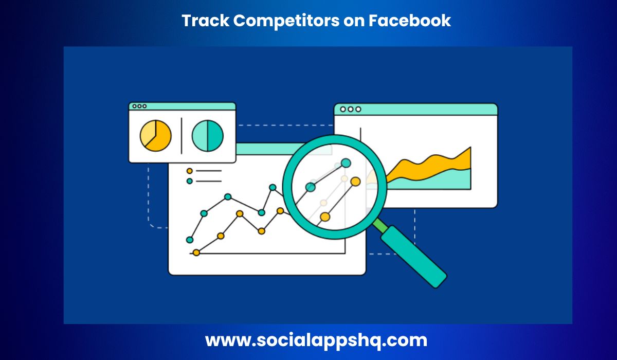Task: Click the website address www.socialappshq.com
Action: coord(316,340)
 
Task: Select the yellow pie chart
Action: coord(155,136)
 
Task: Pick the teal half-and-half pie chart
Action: coord(208,136)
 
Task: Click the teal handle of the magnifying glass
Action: coord(414,257)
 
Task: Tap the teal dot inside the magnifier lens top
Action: coord(346,164)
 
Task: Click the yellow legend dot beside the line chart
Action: coord(190,171)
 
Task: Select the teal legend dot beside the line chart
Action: coord(190,181)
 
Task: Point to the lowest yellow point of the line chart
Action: coord(196,253)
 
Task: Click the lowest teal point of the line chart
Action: coord(190,240)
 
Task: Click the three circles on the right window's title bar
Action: coord(351,109)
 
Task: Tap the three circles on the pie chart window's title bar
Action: coord(139,106)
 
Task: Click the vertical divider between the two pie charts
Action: coord(182,136)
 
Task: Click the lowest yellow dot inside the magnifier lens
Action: coord(325,217)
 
